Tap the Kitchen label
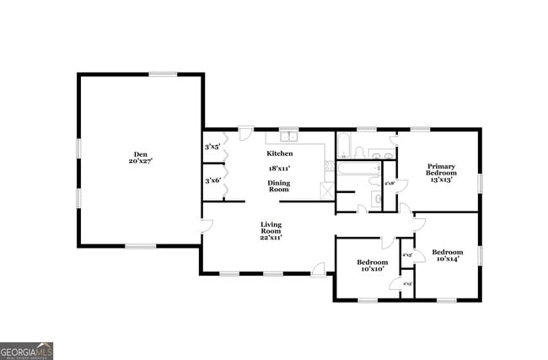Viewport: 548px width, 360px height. click(280, 153)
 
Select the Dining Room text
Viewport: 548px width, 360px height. click(279, 186)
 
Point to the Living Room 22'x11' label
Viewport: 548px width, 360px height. click(271, 231)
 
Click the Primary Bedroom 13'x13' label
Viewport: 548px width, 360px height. click(442, 173)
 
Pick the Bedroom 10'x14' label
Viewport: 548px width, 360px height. click(448, 256)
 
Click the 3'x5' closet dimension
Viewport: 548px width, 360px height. click(212, 148)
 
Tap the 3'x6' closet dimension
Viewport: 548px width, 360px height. click(212, 180)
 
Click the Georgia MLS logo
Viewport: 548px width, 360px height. click(26, 351)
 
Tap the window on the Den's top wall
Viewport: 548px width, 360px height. click(163, 74)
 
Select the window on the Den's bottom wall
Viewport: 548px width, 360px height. click(141, 246)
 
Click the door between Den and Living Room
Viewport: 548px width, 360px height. click(206, 226)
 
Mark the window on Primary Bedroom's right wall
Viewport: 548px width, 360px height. click(480, 183)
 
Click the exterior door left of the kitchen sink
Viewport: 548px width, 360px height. click(245, 133)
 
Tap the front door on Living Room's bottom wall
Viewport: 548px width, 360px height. click(319, 270)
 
